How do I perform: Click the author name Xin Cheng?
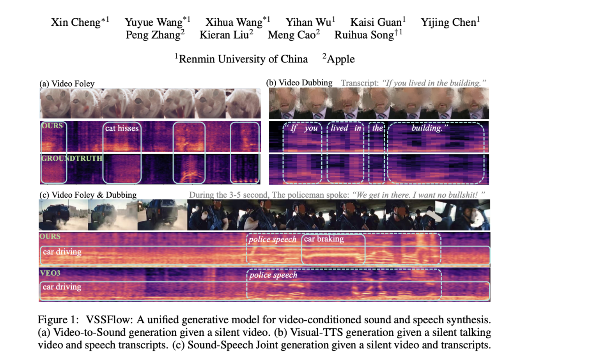[76, 23]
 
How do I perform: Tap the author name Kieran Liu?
[224, 35]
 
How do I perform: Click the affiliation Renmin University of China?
[243, 59]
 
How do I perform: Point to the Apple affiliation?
[340, 59]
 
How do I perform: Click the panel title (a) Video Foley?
[67, 83]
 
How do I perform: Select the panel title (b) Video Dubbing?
[299, 83]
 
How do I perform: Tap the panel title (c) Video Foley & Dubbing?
[88, 195]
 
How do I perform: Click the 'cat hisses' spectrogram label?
[122, 128]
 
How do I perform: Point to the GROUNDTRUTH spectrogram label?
[72, 158]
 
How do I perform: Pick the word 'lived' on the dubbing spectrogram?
[339, 128]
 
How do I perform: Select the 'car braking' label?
[324, 239]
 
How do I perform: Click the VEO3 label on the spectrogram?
[50, 273]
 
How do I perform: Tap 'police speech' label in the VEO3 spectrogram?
[273, 275]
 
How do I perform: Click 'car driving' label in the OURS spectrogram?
[62, 252]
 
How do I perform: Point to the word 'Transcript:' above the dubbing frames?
[360, 83]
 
